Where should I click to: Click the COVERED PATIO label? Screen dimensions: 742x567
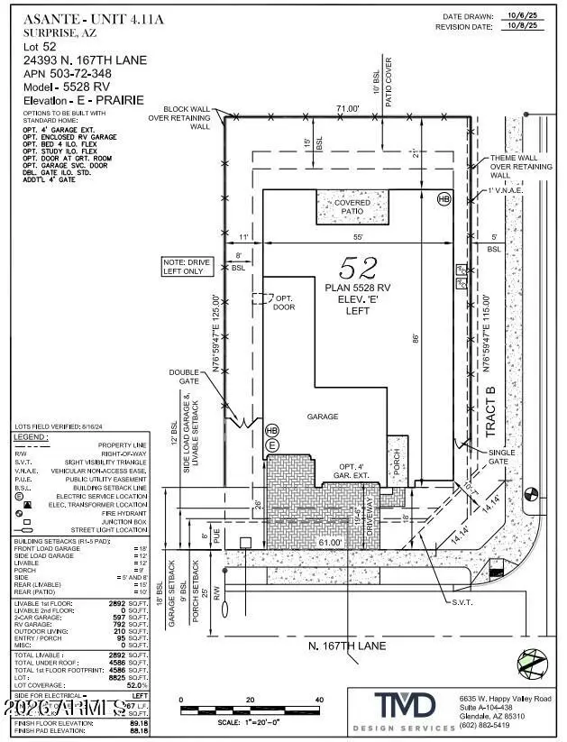pyautogui.click(x=352, y=208)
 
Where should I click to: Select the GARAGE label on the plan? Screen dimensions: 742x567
pyautogui.click(x=322, y=417)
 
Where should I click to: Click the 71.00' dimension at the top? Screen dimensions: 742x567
pyautogui.click(x=348, y=109)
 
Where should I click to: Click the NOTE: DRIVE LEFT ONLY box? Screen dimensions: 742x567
pyautogui.click(x=187, y=267)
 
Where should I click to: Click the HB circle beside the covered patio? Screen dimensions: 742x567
pyautogui.click(x=443, y=198)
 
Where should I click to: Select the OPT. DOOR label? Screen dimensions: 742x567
pyautogui.click(x=285, y=302)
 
